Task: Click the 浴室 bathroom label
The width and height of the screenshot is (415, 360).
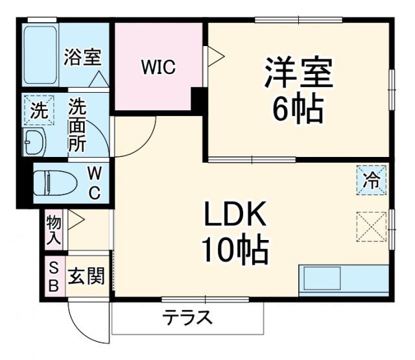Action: pyautogui.click(x=82, y=56)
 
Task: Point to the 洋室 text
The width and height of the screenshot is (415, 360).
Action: pyautogui.click(x=298, y=73)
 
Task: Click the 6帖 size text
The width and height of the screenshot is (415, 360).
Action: pyautogui.click(x=298, y=110)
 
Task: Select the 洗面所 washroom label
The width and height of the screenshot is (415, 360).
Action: pyautogui.click(x=78, y=125)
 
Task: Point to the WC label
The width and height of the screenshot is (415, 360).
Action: pyautogui.click(x=95, y=183)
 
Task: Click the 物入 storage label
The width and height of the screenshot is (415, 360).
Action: pyautogui.click(x=54, y=230)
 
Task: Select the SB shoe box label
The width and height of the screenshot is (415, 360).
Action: pyautogui.click(x=54, y=276)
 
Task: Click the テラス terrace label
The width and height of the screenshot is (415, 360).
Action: pyautogui.click(x=188, y=318)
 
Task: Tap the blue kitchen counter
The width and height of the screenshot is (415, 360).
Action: pyautogui.click(x=343, y=279)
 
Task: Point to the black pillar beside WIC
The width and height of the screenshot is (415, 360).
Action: pyautogui.click(x=198, y=101)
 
